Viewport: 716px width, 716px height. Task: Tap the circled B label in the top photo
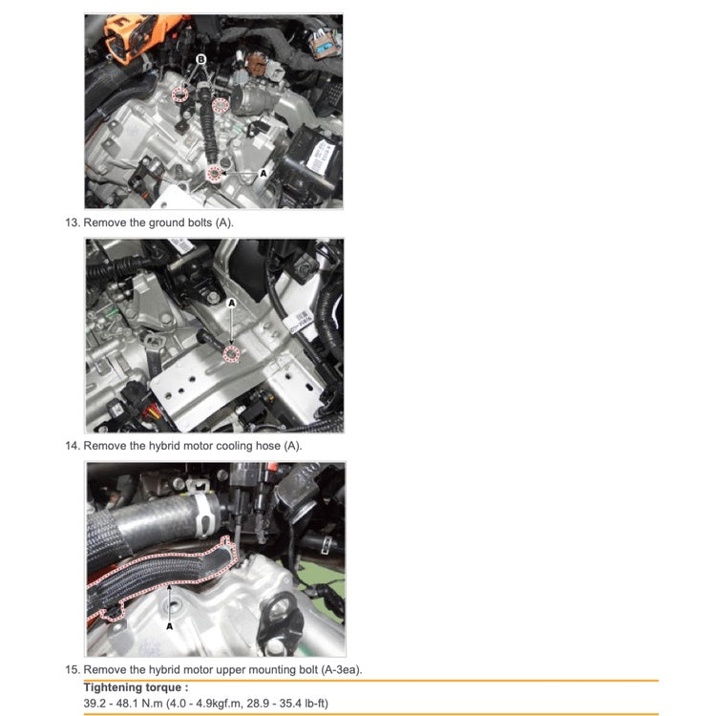point(200,59)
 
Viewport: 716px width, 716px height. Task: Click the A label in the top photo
point(263,175)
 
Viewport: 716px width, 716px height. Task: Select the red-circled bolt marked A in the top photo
point(216,172)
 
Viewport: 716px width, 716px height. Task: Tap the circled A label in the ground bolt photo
point(230,302)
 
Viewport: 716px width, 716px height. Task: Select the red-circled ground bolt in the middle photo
point(229,355)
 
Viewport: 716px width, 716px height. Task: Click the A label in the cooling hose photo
point(169,626)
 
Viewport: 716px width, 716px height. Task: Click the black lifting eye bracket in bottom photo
point(284,609)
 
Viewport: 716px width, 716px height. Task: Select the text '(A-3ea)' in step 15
point(338,669)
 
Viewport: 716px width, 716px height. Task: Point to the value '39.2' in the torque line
point(95,704)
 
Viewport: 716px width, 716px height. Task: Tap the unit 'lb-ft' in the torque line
point(322,704)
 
